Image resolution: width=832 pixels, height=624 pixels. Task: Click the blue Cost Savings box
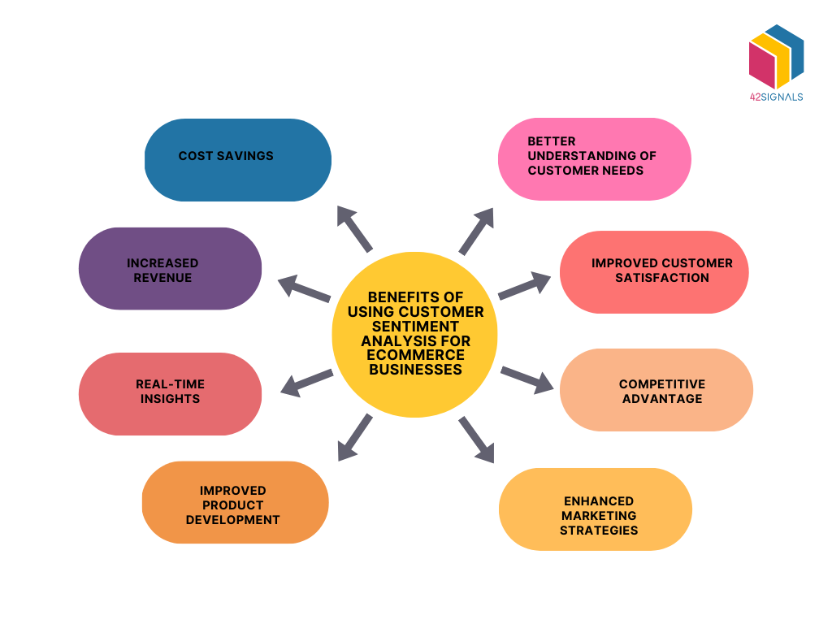pos(237,160)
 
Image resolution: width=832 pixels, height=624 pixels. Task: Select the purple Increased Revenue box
pos(170,268)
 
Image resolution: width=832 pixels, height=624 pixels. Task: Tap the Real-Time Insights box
pos(170,393)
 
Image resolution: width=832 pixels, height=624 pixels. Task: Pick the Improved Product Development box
pos(235,502)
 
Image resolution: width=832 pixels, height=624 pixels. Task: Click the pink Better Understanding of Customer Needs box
pos(594,159)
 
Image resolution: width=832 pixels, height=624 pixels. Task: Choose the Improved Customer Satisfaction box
pos(654,271)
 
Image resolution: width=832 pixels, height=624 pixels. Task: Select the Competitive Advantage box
pos(656,390)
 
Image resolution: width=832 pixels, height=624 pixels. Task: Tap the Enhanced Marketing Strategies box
pos(595,509)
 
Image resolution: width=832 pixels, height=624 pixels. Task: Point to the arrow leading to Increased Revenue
pos(304,288)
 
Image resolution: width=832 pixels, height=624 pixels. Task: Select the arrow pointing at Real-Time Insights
pos(306,382)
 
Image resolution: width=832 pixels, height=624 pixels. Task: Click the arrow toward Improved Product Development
pos(354,437)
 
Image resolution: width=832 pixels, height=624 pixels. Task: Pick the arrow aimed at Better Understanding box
pos(477,231)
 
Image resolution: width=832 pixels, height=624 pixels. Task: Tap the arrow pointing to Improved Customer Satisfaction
pos(524,286)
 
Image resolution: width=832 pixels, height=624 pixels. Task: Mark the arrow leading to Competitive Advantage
pos(527,379)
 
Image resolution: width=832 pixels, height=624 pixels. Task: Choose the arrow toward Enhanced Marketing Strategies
pos(477,440)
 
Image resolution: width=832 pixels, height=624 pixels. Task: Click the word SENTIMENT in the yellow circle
pos(414,326)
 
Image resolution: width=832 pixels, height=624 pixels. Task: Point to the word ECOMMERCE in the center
pos(414,355)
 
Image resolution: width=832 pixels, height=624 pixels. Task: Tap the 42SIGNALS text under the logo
pos(776,97)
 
